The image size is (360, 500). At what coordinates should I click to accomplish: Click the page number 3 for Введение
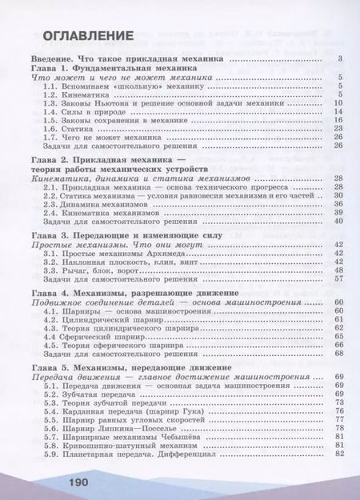click(x=341, y=60)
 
